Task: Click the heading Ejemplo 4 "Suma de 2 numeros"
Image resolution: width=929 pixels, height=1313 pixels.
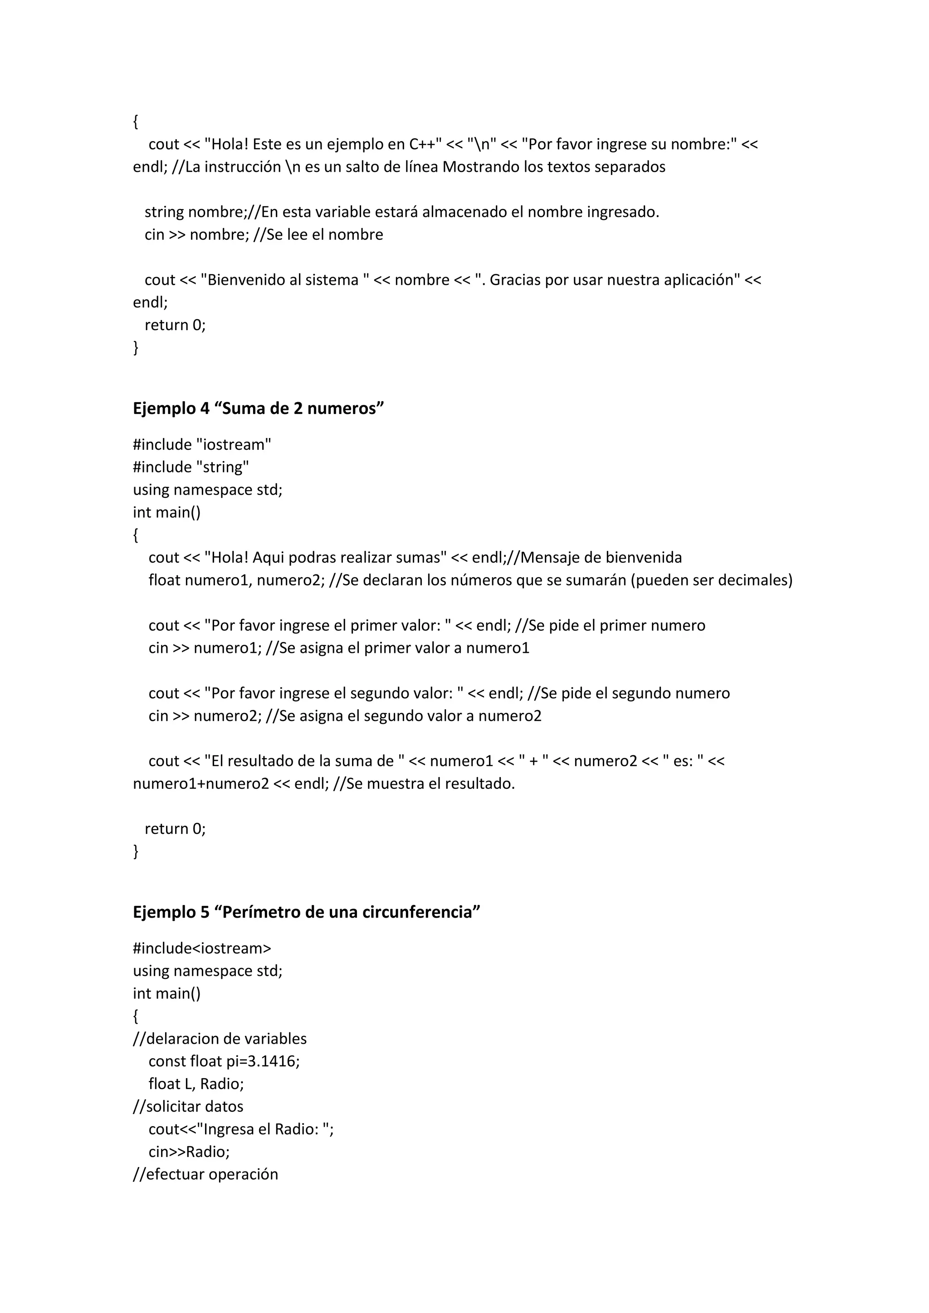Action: point(258,408)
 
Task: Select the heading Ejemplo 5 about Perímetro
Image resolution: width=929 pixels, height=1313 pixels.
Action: point(306,912)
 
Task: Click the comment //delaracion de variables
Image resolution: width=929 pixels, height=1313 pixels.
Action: point(220,1039)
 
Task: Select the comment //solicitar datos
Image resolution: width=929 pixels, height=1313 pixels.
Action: point(188,1107)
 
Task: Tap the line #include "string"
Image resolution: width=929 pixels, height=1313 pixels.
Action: point(191,467)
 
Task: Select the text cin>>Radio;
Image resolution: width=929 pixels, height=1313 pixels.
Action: point(189,1152)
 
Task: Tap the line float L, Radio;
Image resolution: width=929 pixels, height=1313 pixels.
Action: point(196,1084)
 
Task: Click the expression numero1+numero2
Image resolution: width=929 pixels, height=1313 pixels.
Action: point(201,783)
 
